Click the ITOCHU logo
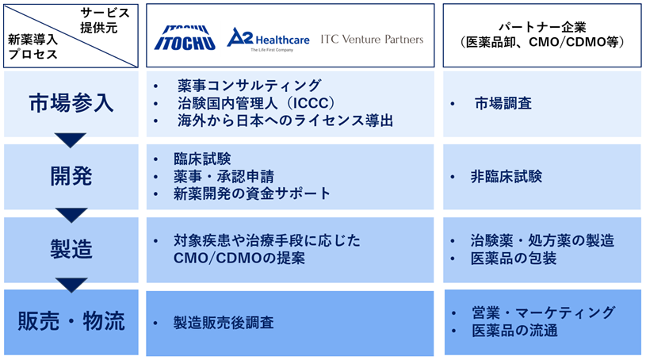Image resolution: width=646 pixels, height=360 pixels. click(x=185, y=38)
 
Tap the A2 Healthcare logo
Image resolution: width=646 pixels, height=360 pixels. click(x=268, y=40)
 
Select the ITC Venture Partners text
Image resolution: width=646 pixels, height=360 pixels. click(x=372, y=39)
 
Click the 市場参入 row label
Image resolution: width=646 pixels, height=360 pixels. click(x=71, y=103)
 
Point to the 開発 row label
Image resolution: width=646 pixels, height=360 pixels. click(x=71, y=177)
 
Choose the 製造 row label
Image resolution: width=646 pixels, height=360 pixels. click(x=71, y=250)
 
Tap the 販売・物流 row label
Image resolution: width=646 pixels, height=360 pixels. click(x=71, y=321)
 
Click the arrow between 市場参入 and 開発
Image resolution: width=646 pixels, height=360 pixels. click(x=71, y=140)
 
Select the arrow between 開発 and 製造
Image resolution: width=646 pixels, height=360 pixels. click(x=71, y=214)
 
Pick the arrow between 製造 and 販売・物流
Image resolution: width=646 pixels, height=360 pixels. click(x=71, y=284)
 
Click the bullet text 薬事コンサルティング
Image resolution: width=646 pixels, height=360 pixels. click(x=249, y=86)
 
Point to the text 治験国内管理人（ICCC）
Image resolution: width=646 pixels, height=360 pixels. click(x=256, y=103)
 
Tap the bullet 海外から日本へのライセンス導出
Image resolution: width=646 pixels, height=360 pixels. click(x=285, y=121)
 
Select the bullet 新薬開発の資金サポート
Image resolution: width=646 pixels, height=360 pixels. click(x=252, y=193)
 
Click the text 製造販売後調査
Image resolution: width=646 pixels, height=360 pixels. click(x=224, y=323)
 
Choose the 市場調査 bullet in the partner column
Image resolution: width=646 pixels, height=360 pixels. click(x=503, y=103)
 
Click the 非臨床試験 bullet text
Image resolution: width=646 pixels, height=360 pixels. click(x=506, y=177)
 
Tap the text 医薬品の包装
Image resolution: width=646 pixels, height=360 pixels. click(x=514, y=259)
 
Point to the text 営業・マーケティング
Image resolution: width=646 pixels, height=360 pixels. click(x=544, y=312)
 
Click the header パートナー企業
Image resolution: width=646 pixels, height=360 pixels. click(x=541, y=28)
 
